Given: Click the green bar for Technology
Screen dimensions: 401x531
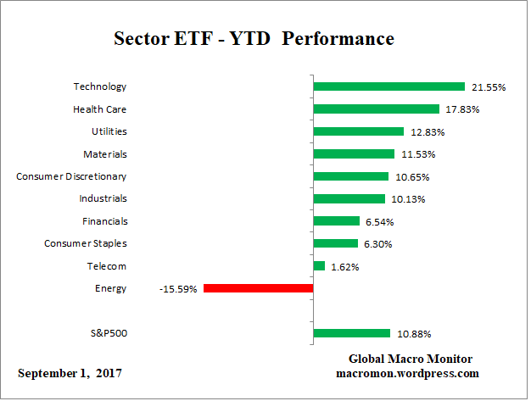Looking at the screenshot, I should (388, 86).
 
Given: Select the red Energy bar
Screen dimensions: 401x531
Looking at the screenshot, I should (258, 288).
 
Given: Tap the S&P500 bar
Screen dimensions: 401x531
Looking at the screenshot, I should (351, 333).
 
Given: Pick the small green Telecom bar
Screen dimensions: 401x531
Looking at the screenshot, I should (319, 266).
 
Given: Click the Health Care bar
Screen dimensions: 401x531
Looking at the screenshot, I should (376, 109).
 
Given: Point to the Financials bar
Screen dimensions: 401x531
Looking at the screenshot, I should (336, 221).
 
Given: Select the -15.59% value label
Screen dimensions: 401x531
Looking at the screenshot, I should (178, 289).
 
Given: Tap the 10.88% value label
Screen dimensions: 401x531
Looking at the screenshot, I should (412, 334).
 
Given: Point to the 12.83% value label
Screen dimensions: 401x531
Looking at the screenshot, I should (427, 131).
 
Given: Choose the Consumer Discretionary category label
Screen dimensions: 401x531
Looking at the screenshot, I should (71, 176).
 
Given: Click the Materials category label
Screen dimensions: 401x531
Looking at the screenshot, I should (104, 153).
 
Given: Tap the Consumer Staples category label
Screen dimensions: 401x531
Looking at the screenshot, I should (85, 243).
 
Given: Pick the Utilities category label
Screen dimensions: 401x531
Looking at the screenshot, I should (109, 131).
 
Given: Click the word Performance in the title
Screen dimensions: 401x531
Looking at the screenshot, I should (348, 40).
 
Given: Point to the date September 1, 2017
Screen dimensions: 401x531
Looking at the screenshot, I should (70, 373).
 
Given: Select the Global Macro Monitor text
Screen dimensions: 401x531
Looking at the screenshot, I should (411, 359).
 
